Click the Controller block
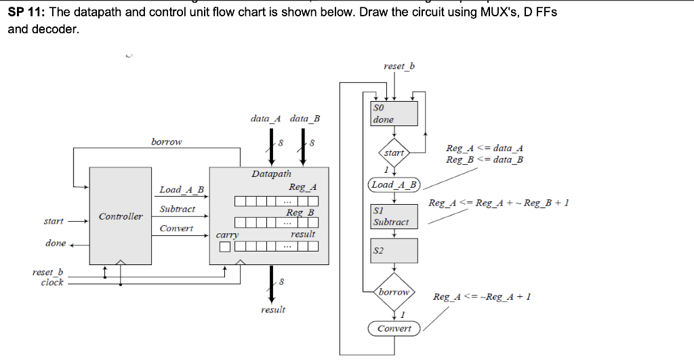pos(121,216)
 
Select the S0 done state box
pos(394,113)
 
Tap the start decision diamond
pos(394,153)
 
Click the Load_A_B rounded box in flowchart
pos(394,185)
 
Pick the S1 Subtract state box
pos(394,216)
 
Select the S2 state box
pos(394,250)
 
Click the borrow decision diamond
pos(394,292)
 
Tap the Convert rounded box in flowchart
pos(394,328)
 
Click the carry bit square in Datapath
pos(224,246)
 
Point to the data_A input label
pos(266,119)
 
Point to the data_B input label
pos(304,119)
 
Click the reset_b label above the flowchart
pos(399,66)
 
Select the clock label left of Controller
pos(52,283)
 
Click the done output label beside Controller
pos(56,243)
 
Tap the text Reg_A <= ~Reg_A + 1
pos(481,297)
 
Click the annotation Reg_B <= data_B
pos(484,159)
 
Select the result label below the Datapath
pos(272,310)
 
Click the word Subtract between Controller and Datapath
pos(177,209)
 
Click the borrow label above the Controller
pos(166,142)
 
